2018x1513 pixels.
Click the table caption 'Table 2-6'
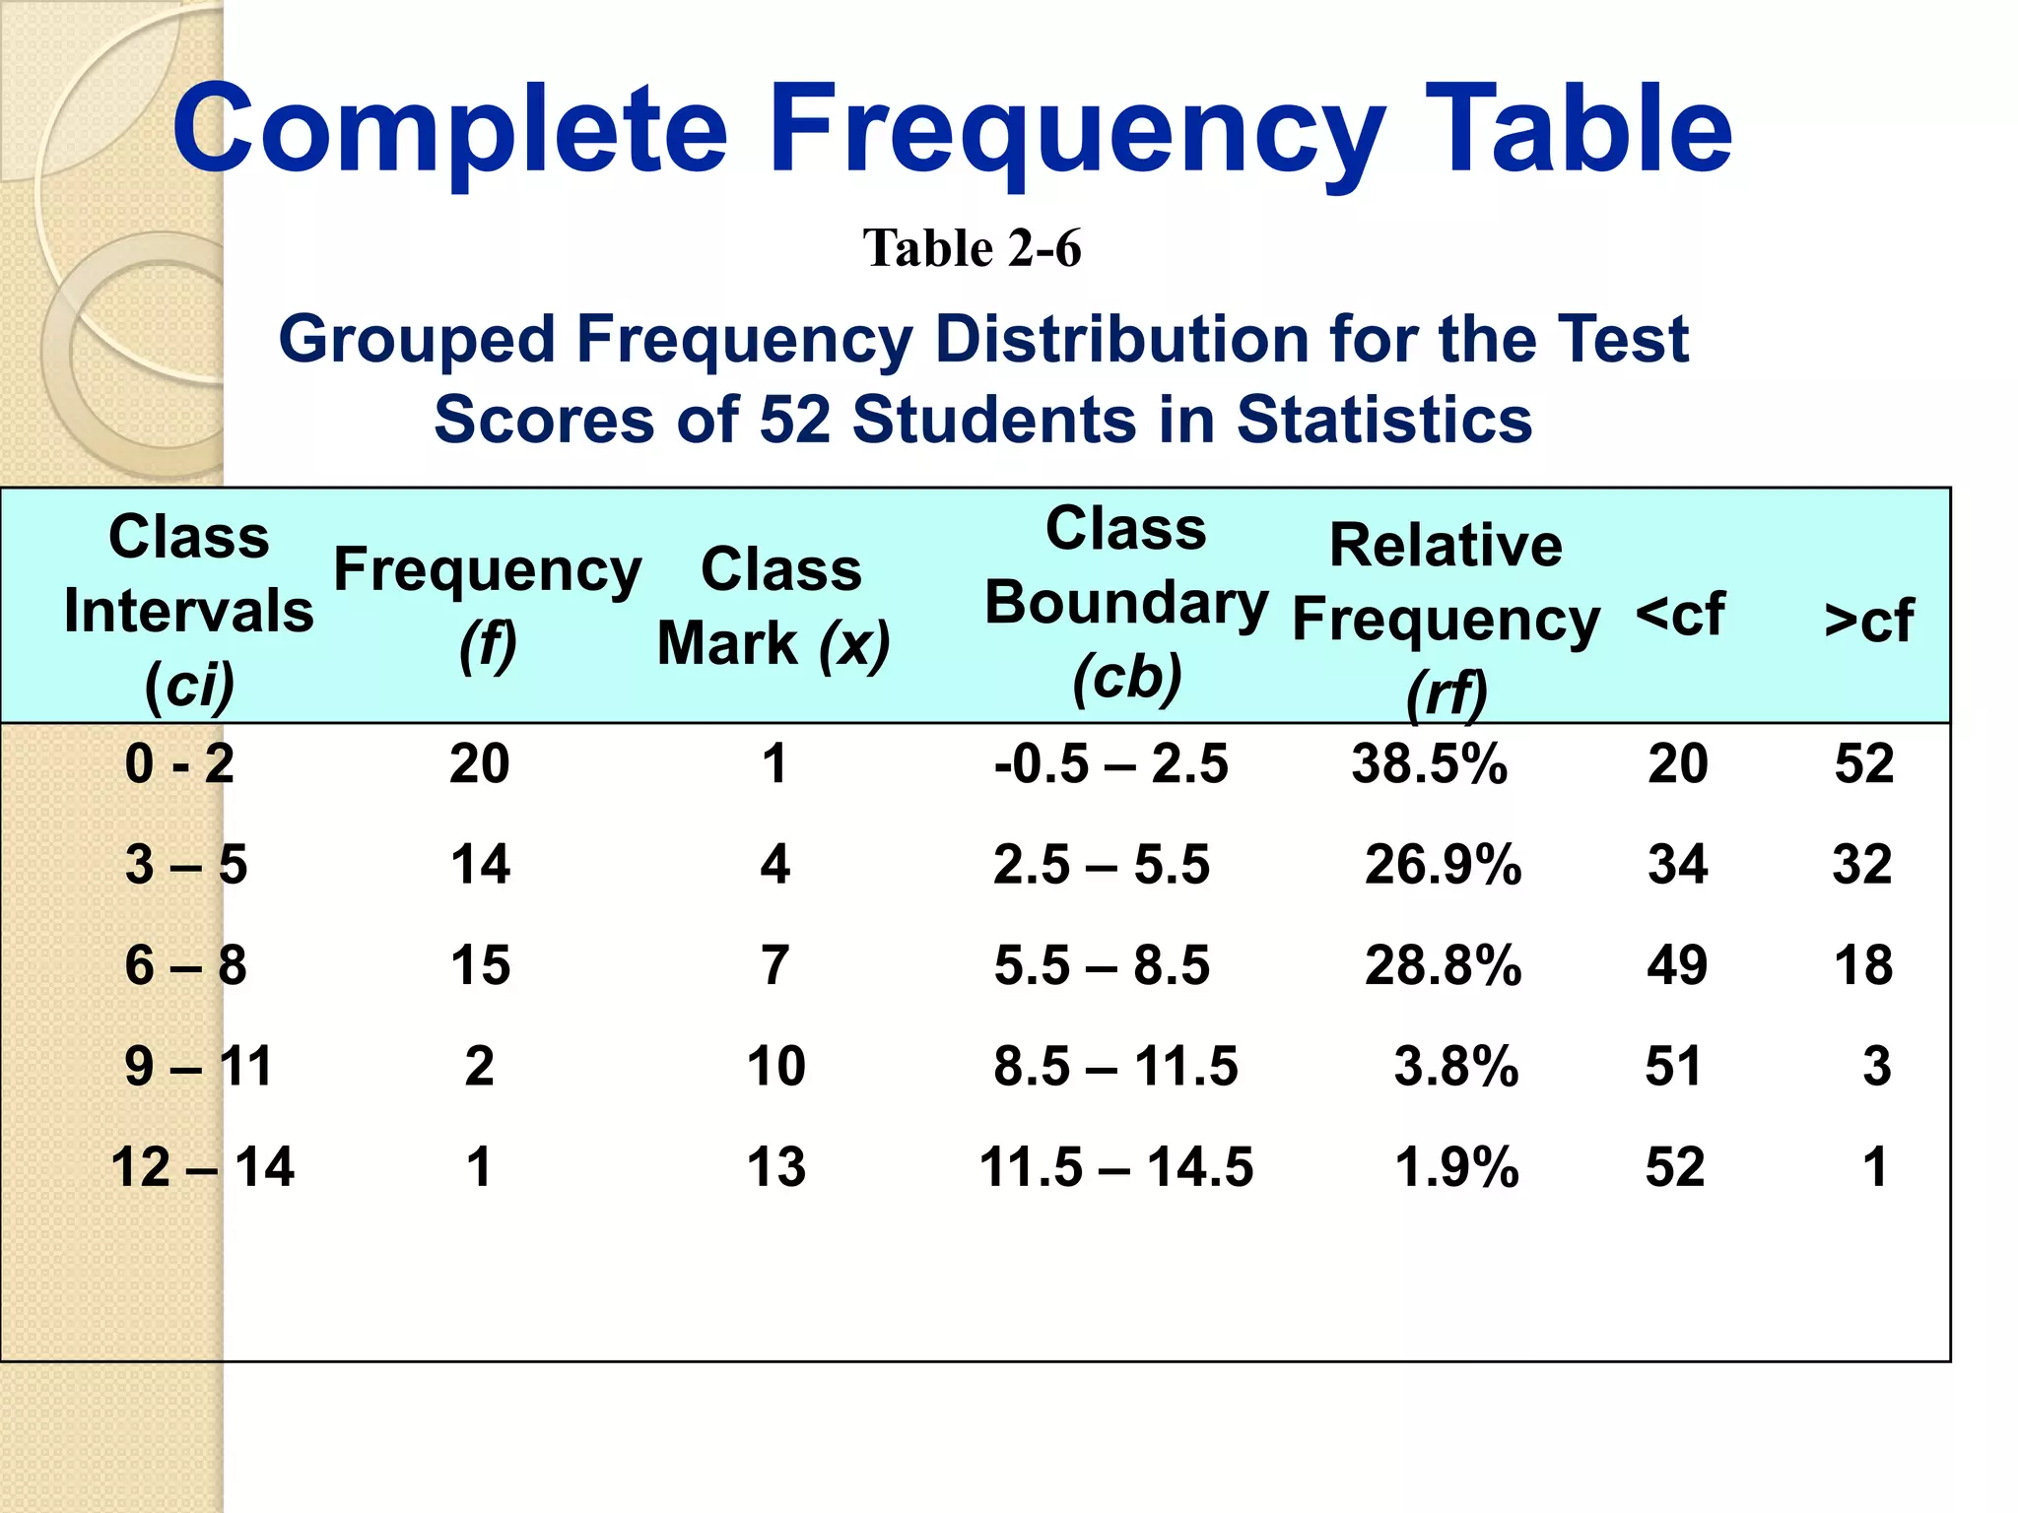[x=972, y=248]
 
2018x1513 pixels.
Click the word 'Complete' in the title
[x=450, y=129]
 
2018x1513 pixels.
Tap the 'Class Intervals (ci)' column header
[x=188, y=611]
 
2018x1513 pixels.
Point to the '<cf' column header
[x=1680, y=614]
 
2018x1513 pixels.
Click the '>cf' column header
[x=1868, y=621]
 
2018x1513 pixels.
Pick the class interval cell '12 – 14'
[x=202, y=1167]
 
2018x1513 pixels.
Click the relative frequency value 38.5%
[x=1429, y=764]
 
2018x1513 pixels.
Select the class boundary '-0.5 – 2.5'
[x=1110, y=764]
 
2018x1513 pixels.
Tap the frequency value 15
[x=480, y=965]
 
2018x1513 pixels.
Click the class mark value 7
[x=775, y=965]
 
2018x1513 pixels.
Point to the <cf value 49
[x=1677, y=965]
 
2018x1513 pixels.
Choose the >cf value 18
[x=1863, y=965]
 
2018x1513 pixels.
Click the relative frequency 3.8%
[x=1455, y=1067]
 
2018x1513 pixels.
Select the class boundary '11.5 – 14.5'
[x=1115, y=1167]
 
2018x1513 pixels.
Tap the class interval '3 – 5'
[x=186, y=865]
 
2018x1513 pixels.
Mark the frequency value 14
[x=480, y=865]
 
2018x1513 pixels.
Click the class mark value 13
[x=776, y=1167]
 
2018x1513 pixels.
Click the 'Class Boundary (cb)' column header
[x=1126, y=603]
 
